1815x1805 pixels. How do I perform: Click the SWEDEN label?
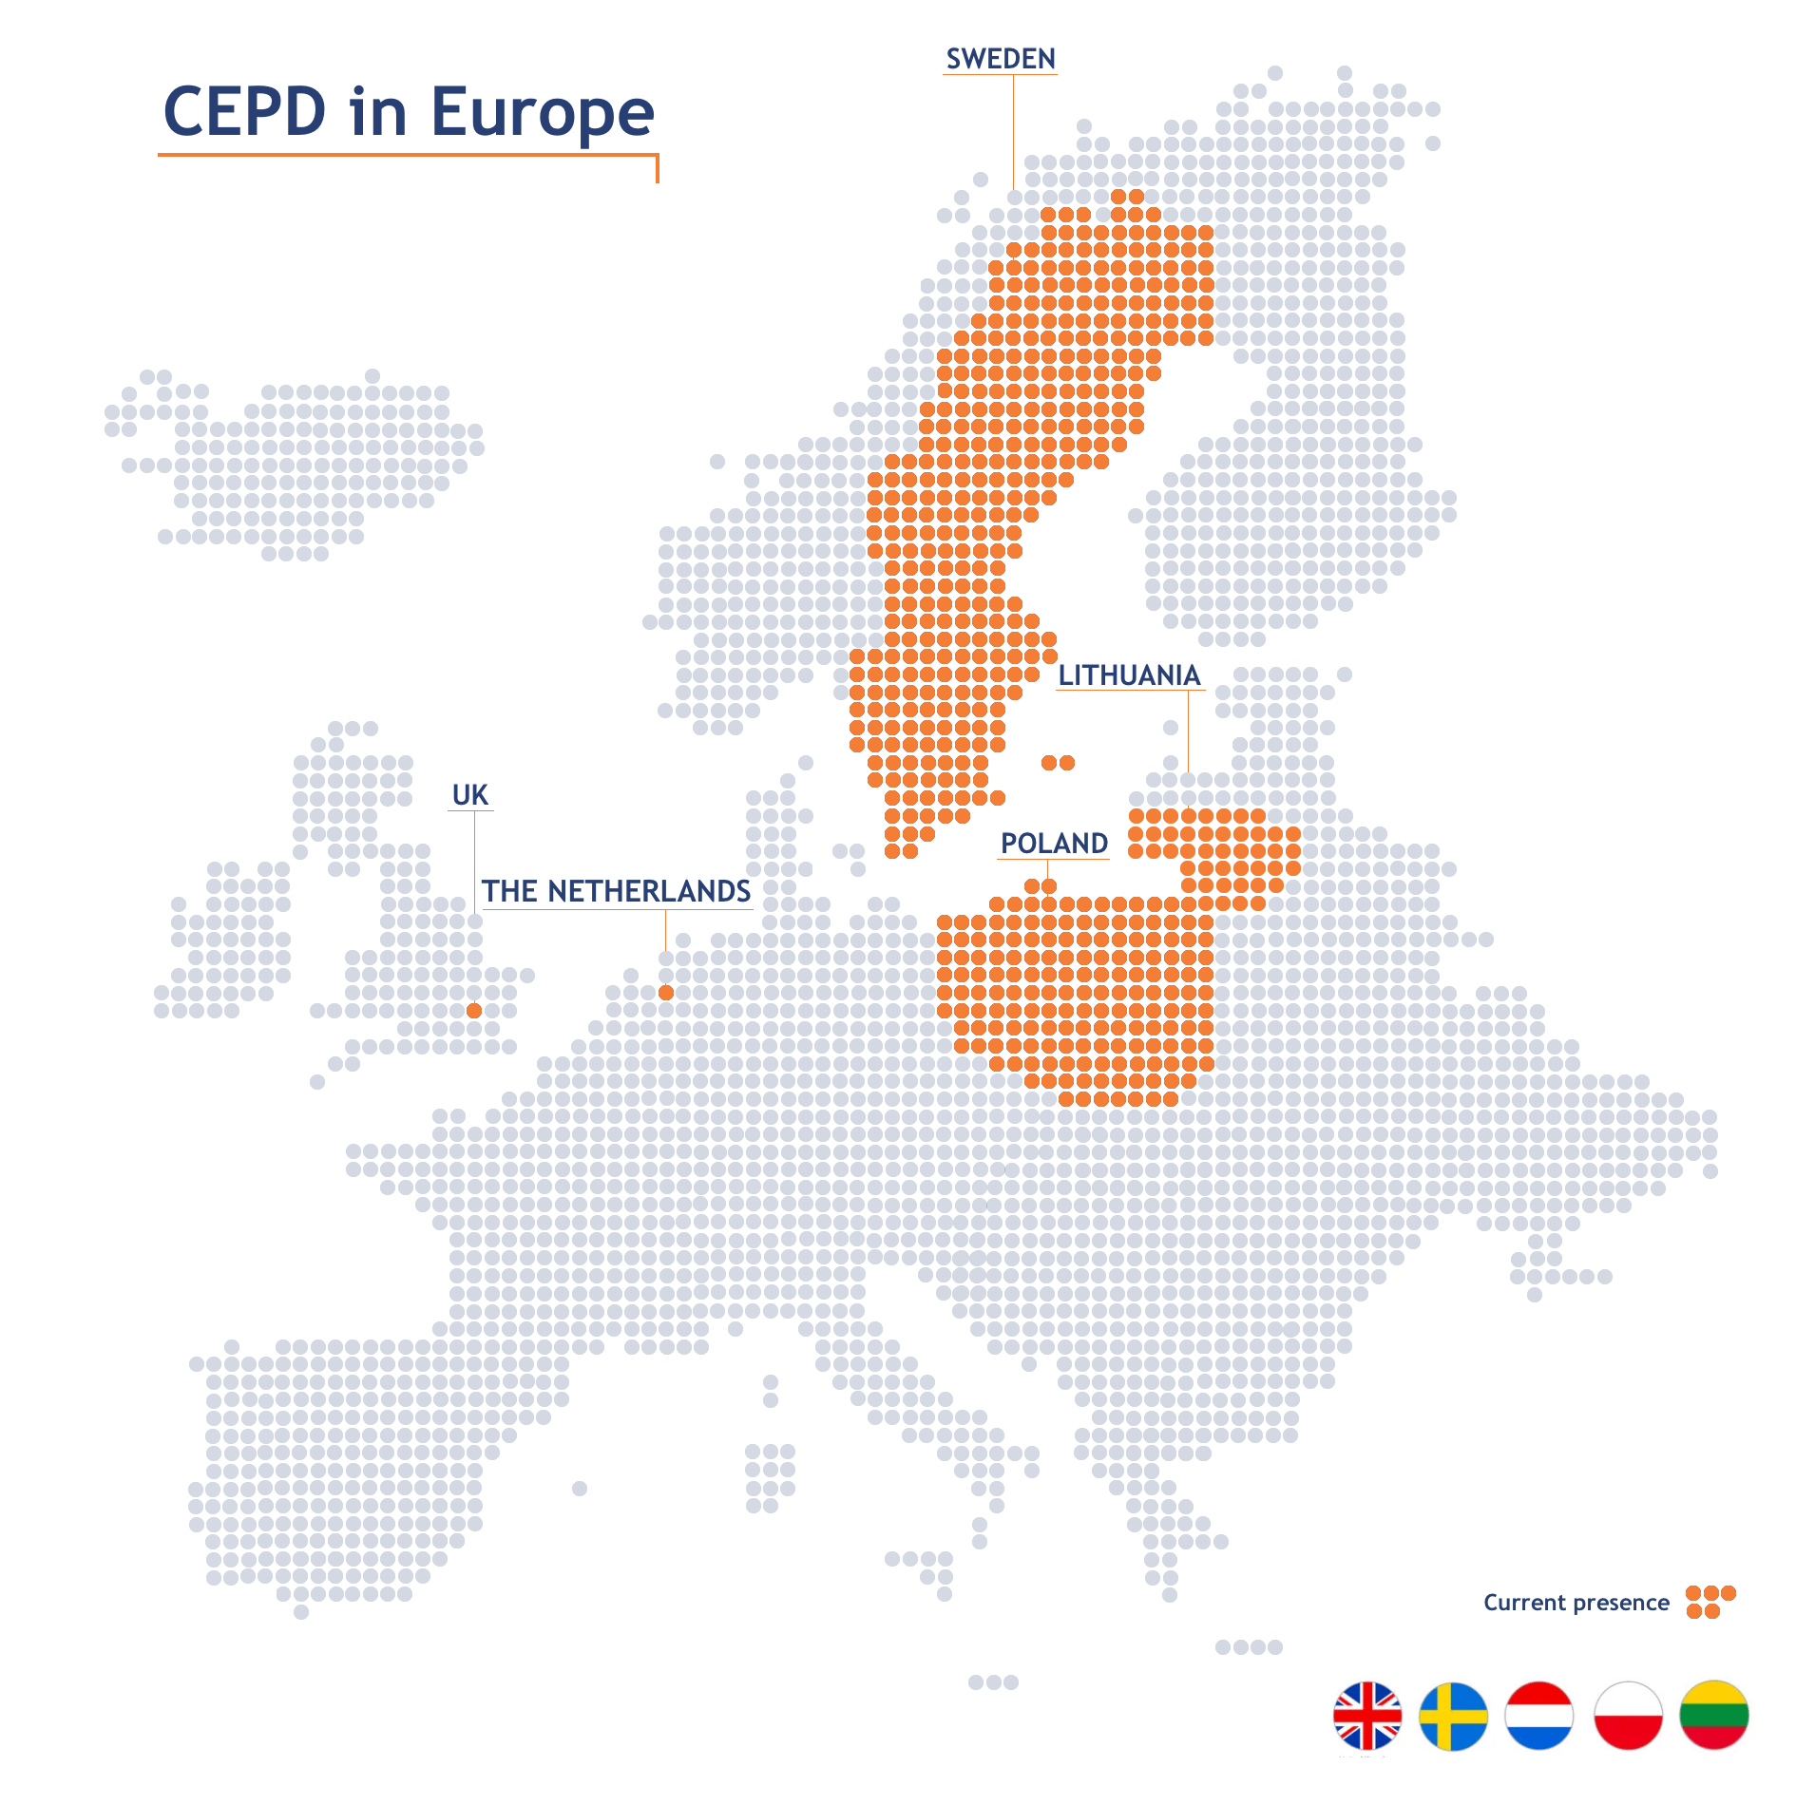[1001, 59]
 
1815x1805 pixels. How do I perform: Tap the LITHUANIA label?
[1129, 675]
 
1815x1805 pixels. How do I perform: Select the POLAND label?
[1054, 844]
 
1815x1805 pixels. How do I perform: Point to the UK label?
[470, 795]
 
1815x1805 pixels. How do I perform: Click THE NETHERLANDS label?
[616, 891]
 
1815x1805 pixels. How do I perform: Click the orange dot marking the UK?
[474, 1011]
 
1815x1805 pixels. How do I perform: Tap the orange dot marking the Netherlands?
[666, 993]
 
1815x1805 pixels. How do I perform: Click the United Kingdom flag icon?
[1366, 1716]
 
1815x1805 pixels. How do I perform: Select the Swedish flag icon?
[1453, 1716]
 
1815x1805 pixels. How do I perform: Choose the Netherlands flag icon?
[1539, 1716]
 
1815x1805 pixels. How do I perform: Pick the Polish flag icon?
[1628, 1716]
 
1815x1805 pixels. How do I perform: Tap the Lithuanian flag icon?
[1714, 1716]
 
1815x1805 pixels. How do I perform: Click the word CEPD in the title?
[245, 112]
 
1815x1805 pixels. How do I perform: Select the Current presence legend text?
[1576, 1603]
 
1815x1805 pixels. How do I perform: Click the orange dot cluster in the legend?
[1710, 1602]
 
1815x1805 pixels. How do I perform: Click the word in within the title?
[378, 112]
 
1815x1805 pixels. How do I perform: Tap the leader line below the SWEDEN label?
[1013, 133]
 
